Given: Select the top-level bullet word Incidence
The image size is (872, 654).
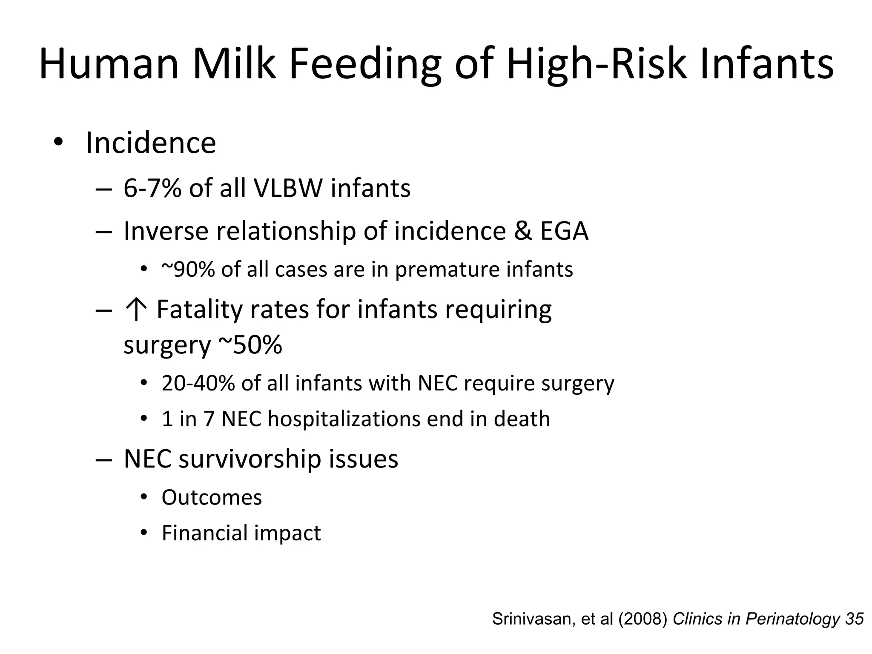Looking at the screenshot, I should pyautogui.click(x=151, y=143).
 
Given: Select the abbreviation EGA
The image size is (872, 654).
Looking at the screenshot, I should pyautogui.click(x=564, y=231).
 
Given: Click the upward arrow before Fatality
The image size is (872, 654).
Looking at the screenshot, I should pyautogui.click(x=136, y=310).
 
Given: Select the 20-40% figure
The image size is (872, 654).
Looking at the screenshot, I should pyautogui.click(x=198, y=383).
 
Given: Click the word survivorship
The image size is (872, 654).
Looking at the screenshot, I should pyautogui.click(x=250, y=459).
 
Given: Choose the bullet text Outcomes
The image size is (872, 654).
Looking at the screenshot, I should pyautogui.click(x=212, y=497).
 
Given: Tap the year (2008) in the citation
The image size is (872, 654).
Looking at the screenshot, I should pyautogui.click(x=643, y=619).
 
